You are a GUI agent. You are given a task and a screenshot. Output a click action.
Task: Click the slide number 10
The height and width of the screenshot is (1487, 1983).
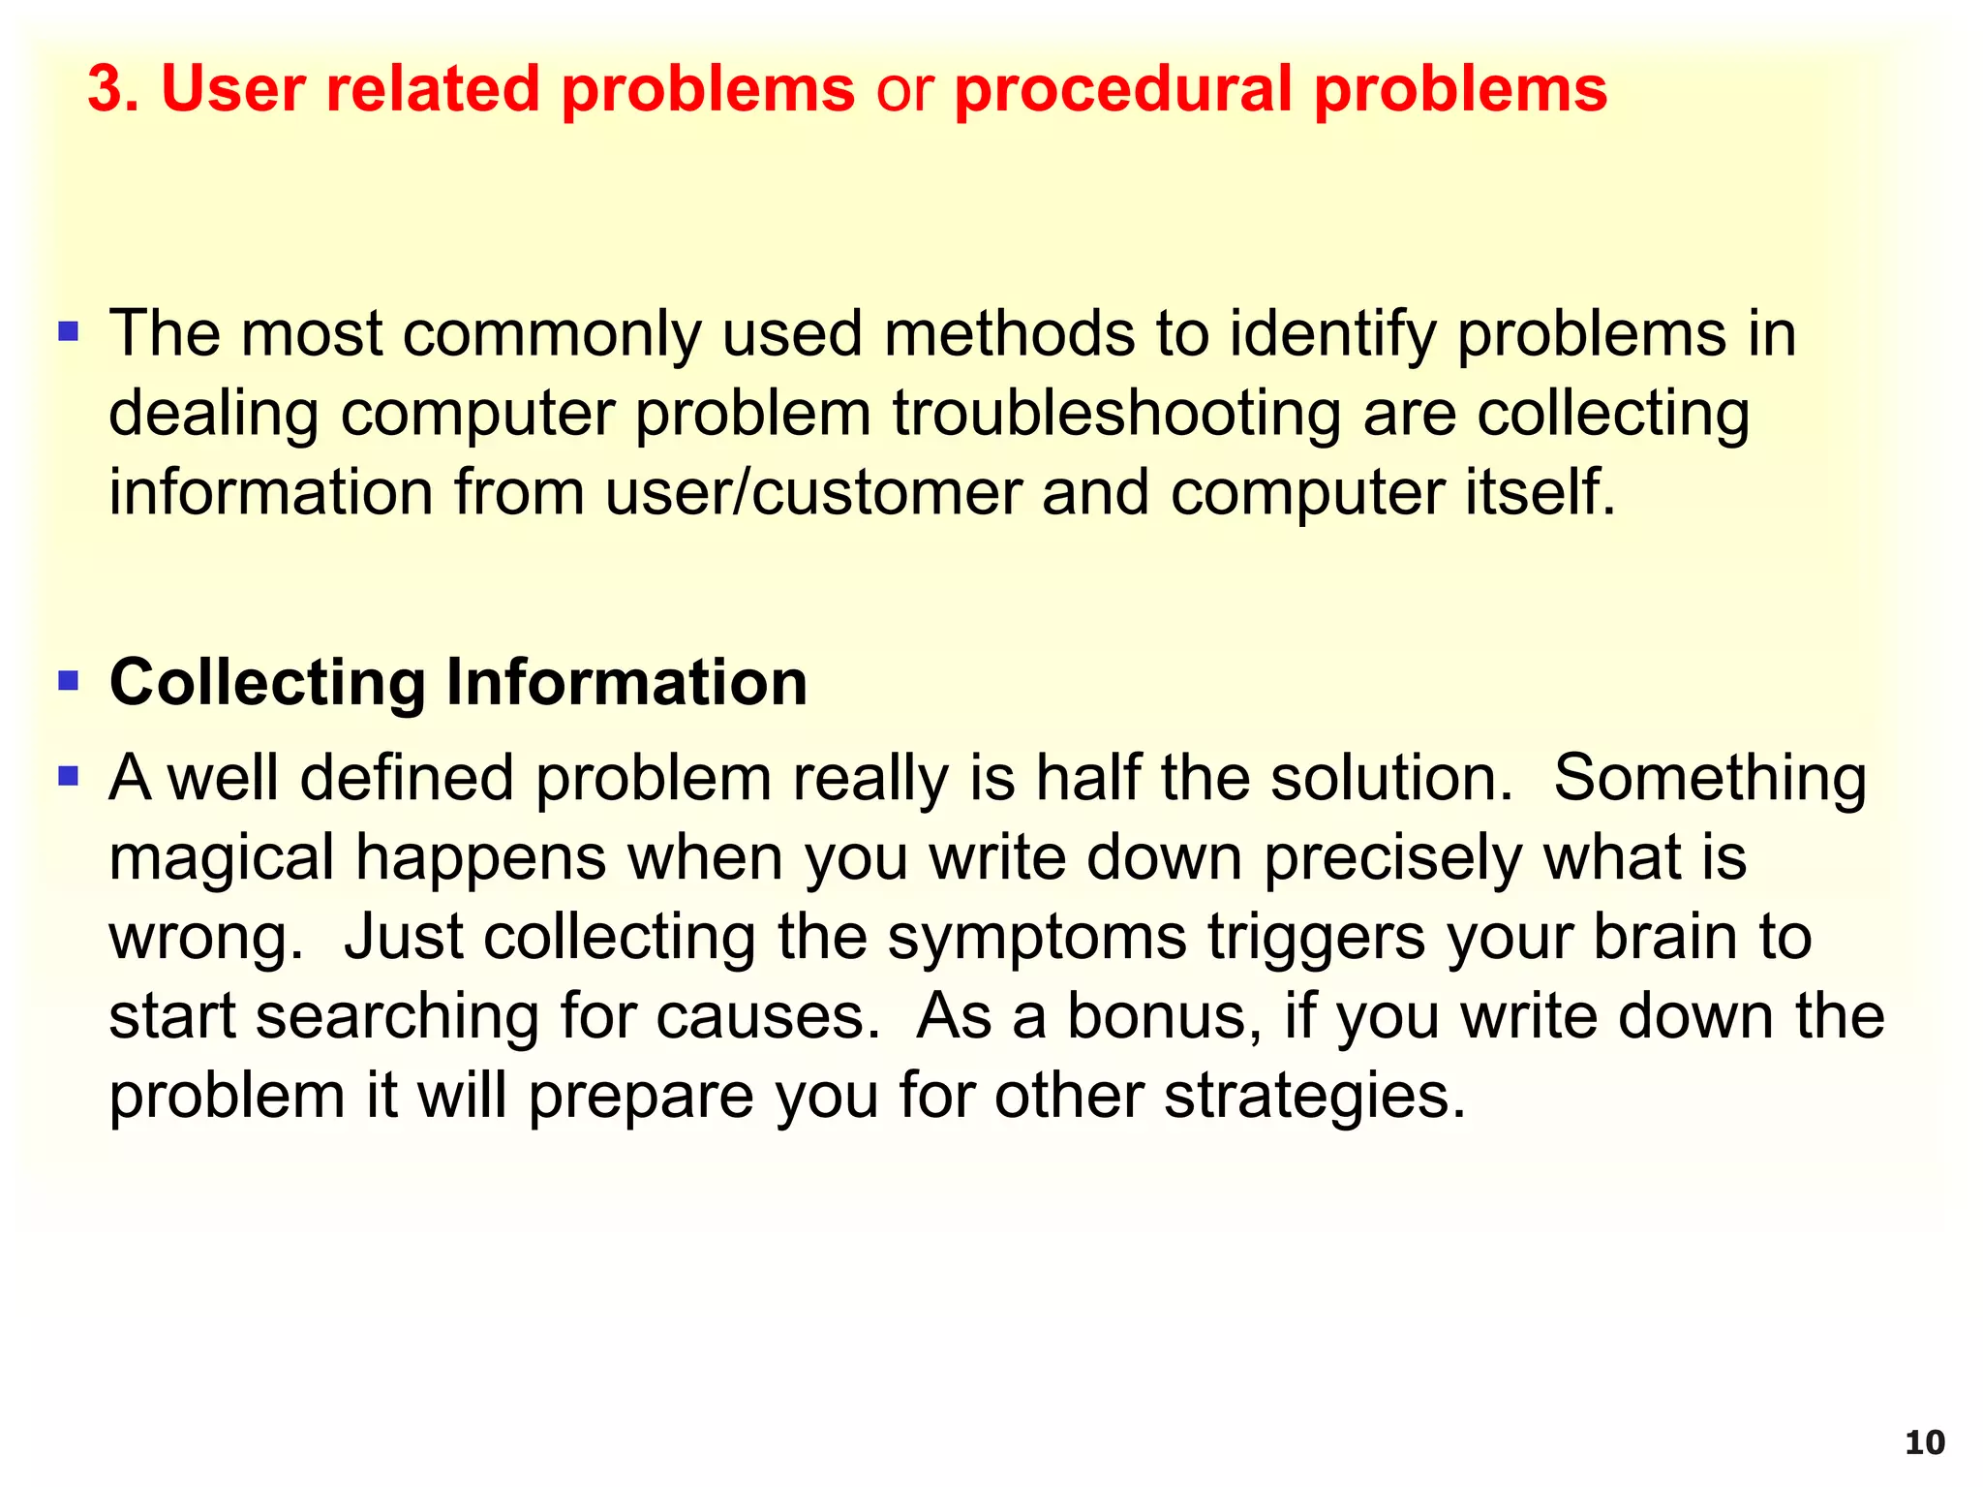click(x=1924, y=1442)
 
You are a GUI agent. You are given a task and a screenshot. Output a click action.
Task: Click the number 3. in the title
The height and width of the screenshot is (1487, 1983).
click(x=114, y=89)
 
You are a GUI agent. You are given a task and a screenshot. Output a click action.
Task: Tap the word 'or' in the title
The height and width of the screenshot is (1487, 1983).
click(x=904, y=89)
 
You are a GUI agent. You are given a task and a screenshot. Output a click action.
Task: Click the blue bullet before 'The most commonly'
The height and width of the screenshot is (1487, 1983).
click(x=68, y=332)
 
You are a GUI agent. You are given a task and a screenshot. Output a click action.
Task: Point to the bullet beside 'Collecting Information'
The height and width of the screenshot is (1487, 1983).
click(x=68, y=680)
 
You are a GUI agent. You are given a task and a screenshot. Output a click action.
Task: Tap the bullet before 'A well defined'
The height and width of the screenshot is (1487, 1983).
click(x=68, y=775)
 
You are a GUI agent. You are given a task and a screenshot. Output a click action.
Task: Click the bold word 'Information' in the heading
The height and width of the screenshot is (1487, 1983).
click(x=625, y=682)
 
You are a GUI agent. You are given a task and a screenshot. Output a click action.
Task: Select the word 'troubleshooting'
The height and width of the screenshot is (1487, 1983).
click(x=1116, y=414)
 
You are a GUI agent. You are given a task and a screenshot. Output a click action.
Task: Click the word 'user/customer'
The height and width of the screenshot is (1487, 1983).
click(x=813, y=492)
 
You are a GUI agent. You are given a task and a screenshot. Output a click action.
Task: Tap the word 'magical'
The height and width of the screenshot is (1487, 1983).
click(x=221, y=859)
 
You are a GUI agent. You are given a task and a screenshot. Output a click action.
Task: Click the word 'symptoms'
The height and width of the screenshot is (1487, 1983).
click(x=1036, y=939)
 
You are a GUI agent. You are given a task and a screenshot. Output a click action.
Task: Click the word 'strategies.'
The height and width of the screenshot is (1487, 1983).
click(x=1315, y=1097)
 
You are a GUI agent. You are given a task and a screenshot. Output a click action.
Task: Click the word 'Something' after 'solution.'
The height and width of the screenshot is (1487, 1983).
click(x=1710, y=778)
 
